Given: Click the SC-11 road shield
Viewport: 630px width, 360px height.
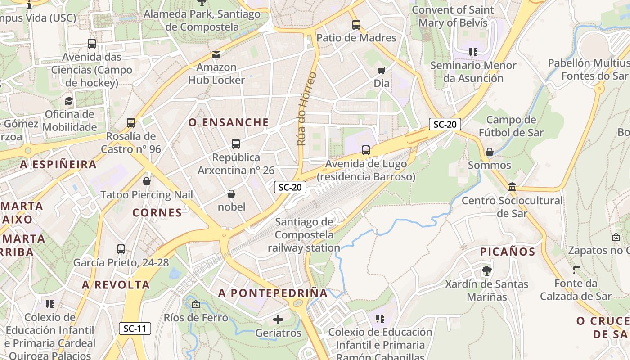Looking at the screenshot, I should click(x=135, y=328).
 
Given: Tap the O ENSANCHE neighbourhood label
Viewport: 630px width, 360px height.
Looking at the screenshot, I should click(x=229, y=122).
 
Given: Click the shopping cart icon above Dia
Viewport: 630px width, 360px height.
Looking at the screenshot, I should click(x=382, y=70).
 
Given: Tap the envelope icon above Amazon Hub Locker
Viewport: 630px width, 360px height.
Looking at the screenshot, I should click(x=216, y=54).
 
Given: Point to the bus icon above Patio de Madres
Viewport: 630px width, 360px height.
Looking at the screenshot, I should click(x=356, y=25).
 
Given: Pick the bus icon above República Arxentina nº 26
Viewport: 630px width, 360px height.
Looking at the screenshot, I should click(x=235, y=144).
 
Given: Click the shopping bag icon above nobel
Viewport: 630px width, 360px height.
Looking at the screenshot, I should click(x=231, y=194).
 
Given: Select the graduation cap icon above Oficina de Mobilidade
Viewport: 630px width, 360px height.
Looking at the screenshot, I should click(x=69, y=101).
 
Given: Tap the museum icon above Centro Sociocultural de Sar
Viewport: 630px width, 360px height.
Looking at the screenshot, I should click(x=512, y=187).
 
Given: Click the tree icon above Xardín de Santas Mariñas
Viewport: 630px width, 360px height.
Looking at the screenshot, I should click(x=486, y=270).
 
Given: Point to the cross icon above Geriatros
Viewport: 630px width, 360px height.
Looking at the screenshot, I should click(x=278, y=319).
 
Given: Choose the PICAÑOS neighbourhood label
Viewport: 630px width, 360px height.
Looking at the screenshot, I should click(x=508, y=252).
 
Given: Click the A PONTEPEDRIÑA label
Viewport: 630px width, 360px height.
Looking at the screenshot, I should click(x=273, y=293).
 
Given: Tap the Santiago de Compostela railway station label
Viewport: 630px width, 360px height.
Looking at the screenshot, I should click(x=304, y=234).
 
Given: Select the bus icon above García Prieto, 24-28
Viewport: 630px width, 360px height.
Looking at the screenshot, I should click(x=121, y=249).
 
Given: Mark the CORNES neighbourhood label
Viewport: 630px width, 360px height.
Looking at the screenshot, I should click(x=157, y=213).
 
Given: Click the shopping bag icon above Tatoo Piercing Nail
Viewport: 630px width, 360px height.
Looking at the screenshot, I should click(x=146, y=181).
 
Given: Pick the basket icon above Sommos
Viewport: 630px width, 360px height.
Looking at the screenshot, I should click(x=490, y=152).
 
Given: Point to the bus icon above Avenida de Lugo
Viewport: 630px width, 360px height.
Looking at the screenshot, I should click(x=366, y=150).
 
